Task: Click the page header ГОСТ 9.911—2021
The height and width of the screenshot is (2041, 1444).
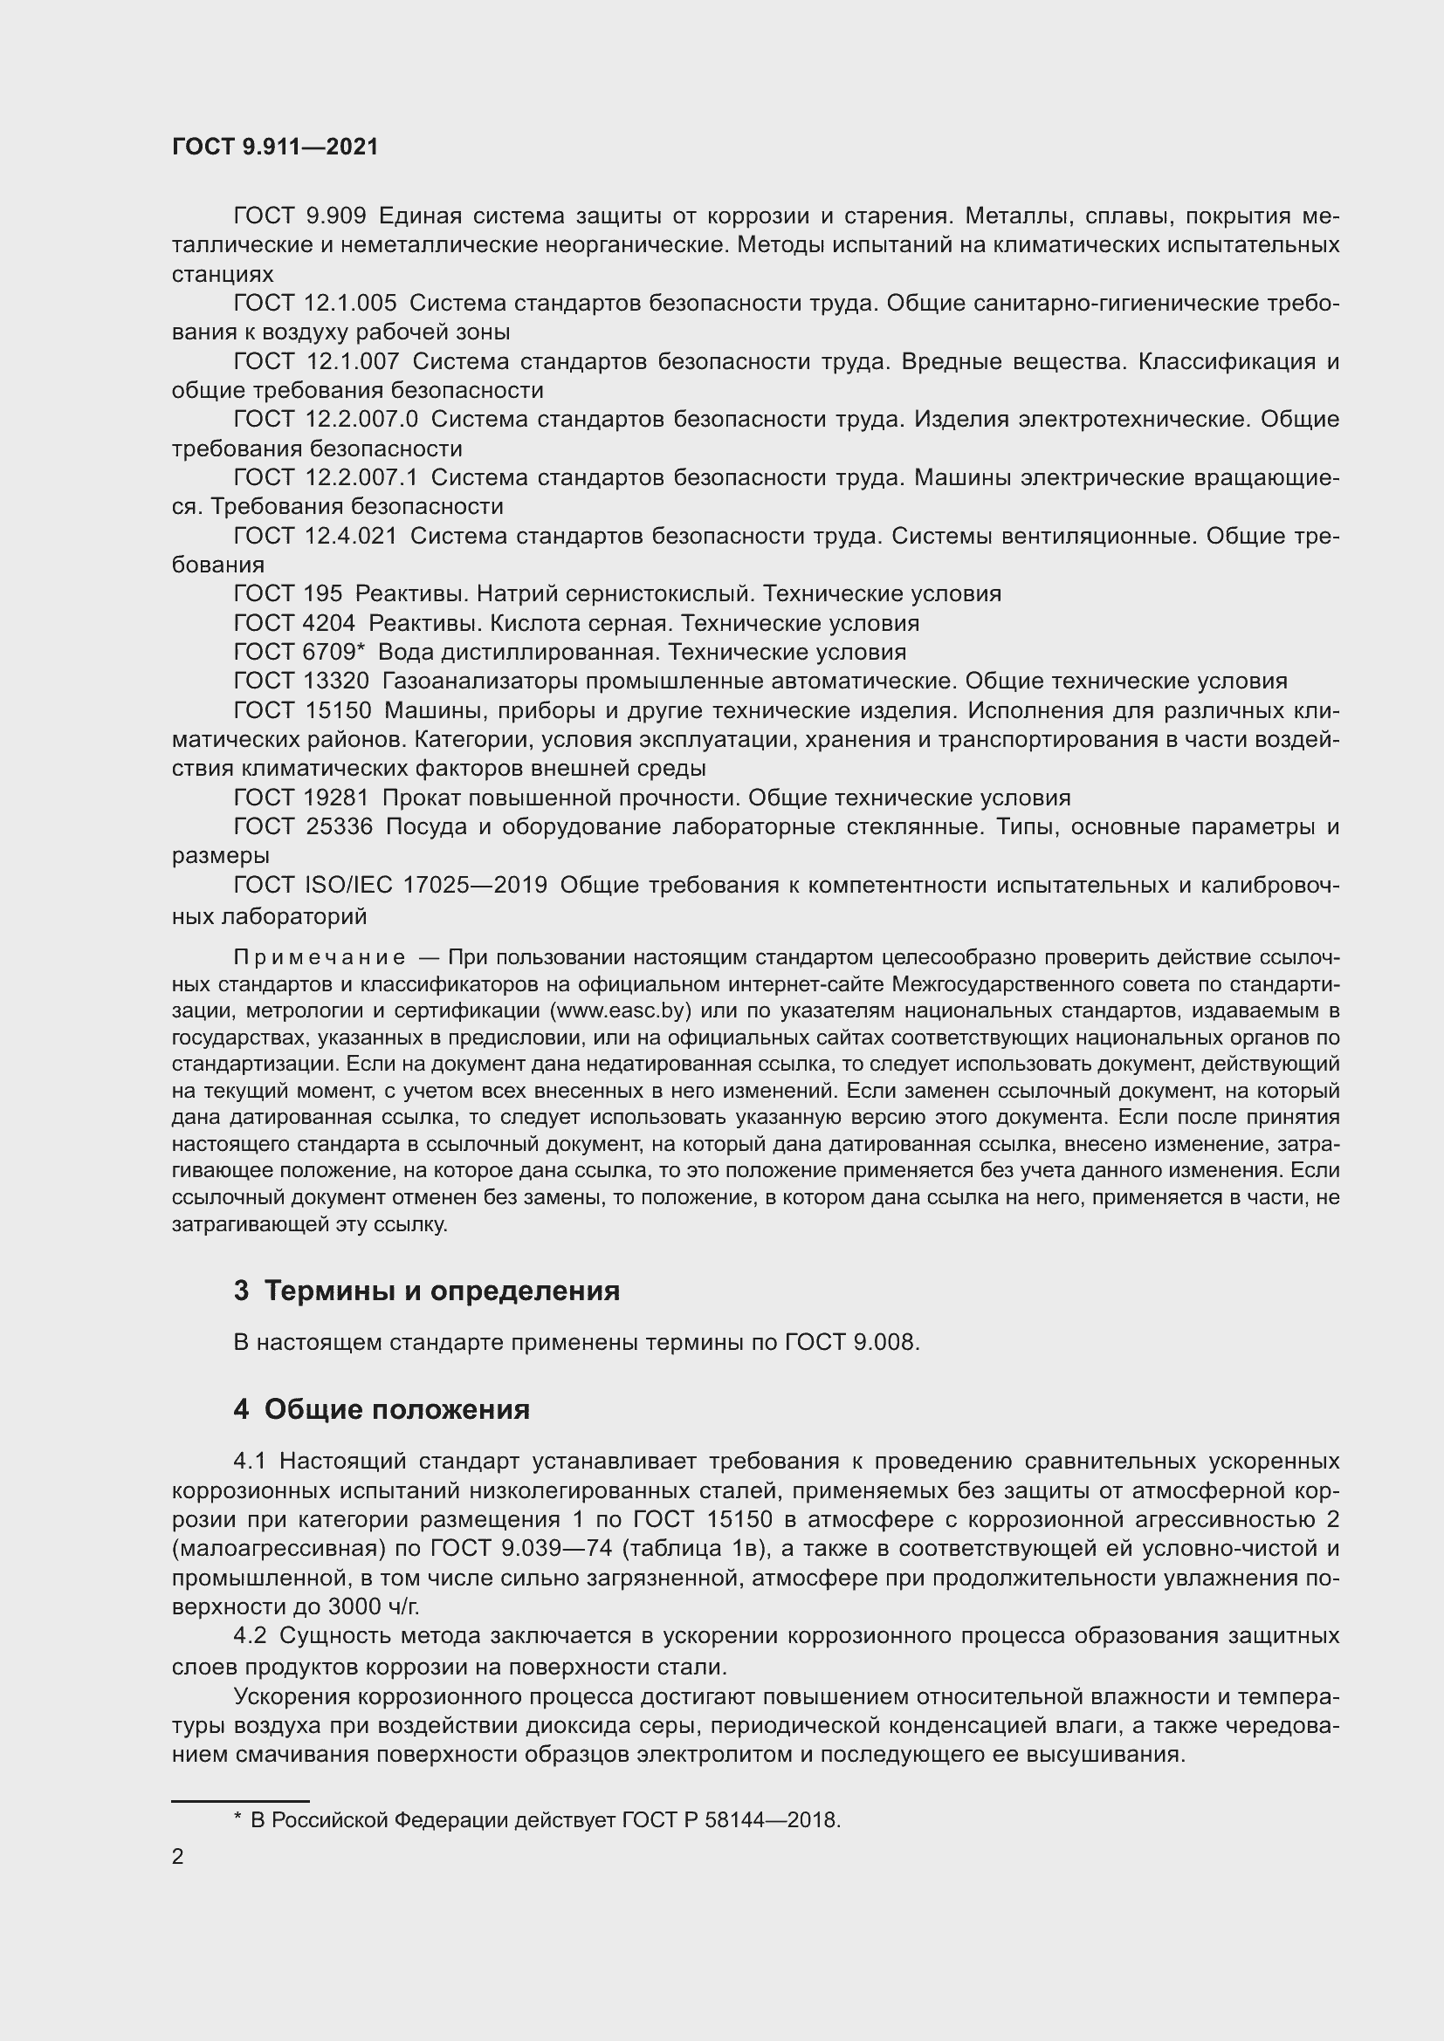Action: click(275, 147)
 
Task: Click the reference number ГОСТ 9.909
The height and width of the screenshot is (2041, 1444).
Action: click(299, 216)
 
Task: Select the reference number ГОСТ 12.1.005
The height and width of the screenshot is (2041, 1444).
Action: click(315, 303)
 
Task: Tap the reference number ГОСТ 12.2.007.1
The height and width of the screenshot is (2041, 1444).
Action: click(326, 477)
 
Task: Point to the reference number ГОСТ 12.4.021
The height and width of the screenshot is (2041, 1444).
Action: click(315, 535)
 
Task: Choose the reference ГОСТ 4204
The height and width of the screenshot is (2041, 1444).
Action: click(293, 622)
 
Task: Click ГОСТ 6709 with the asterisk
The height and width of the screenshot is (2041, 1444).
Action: click(299, 652)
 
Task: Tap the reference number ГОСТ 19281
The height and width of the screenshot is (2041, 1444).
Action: click(300, 798)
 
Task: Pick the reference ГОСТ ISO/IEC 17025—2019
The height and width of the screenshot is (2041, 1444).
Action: click(390, 886)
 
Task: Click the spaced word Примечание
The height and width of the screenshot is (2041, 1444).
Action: click(320, 957)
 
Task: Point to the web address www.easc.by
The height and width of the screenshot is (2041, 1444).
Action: click(622, 1010)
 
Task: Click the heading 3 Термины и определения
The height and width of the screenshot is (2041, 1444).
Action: click(427, 1290)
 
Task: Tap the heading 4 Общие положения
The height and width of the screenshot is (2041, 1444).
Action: click(382, 1409)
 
